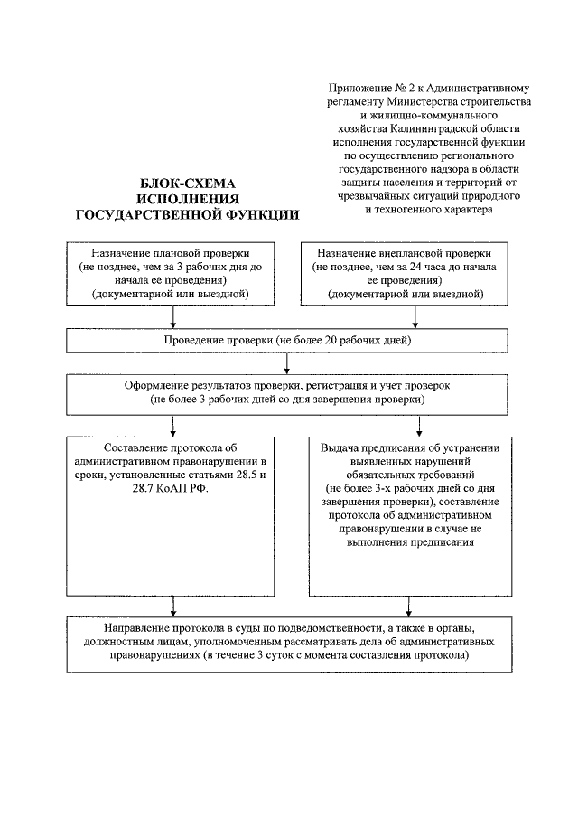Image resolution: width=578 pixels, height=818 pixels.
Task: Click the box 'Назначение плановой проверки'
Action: click(171, 274)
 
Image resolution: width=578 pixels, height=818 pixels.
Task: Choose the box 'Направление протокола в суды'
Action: click(287, 644)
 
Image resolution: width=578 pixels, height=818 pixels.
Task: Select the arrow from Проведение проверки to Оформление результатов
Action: click(287, 362)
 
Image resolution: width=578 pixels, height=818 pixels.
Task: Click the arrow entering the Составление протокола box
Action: click(171, 425)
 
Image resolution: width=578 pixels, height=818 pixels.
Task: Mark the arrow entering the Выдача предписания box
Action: click(415, 425)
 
